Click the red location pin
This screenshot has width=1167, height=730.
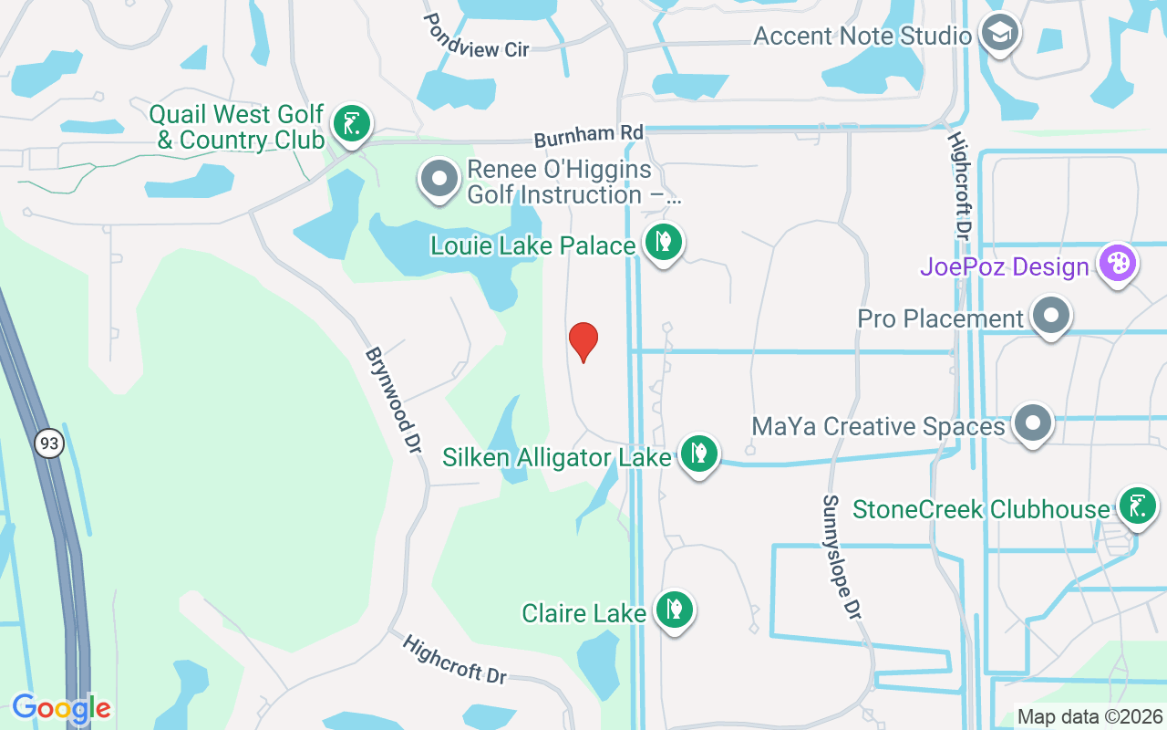[583, 341]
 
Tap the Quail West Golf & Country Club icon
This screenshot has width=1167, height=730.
[351, 123]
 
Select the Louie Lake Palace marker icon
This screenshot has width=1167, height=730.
[664, 243]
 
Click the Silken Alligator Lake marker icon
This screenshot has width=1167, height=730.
[698, 453]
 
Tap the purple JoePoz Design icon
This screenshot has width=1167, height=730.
[1117, 264]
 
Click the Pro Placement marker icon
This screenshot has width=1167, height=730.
[1051, 316]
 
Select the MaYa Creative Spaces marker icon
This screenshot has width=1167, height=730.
[1033, 423]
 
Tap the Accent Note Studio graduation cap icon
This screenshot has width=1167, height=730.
[999, 34]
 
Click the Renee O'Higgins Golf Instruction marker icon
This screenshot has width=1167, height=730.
[439, 179]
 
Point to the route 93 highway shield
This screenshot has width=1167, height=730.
[49, 444]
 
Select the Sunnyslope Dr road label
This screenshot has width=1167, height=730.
[842, 558]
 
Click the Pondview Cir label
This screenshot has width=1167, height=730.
[476, 36]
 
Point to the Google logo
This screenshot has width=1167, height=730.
[61, 707]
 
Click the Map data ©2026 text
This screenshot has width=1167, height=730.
[1090, 717]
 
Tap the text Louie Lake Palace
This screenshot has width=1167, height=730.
[533, 245]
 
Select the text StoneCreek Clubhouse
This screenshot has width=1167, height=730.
[981, 508]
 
